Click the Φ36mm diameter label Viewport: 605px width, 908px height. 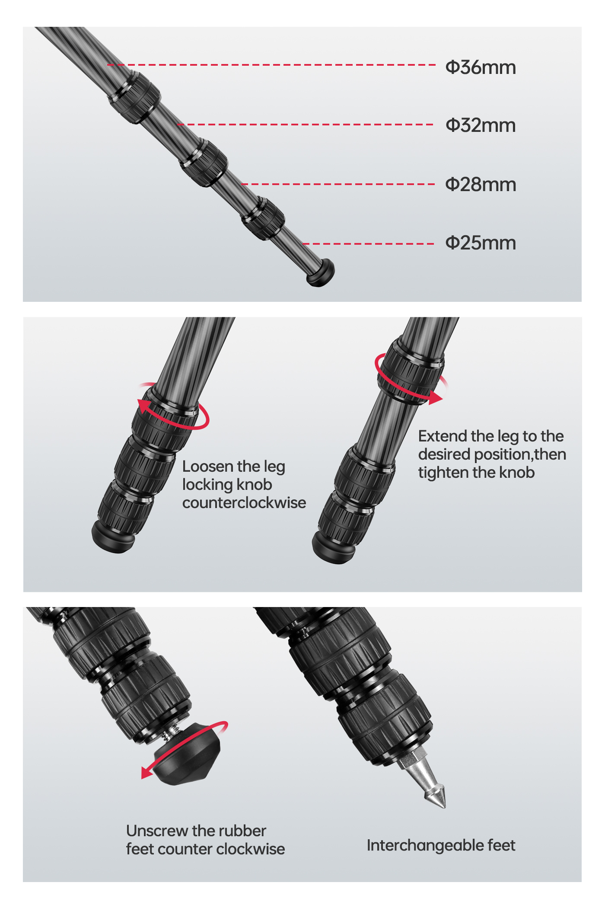pyautogui.click(x=481, y=67)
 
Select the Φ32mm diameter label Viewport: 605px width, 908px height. pyautogui.click(x=481, y=125)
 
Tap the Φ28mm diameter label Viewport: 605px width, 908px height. pyautogui.click(x=481, y=185)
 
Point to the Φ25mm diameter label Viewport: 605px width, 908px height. pyautogui.click(x=481, y=243)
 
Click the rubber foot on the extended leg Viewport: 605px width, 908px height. pyautogui.click(x=321, y=273)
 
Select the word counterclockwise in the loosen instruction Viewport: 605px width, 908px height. pyautogui.click(x=244, y=503)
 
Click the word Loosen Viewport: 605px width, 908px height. pyautogui.click(x=208, y=466)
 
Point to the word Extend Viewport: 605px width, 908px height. pyautogui.click(x=443, y=436)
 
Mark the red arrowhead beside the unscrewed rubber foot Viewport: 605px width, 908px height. pyautogui.click(x=147, y=773)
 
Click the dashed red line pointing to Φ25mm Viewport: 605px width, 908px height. pyautogui.click(x=368, y=244)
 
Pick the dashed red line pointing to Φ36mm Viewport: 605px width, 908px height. pyautogui.click(x=271, y=65)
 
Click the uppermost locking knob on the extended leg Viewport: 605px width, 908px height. pyautogui.click(x=134, y=98)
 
